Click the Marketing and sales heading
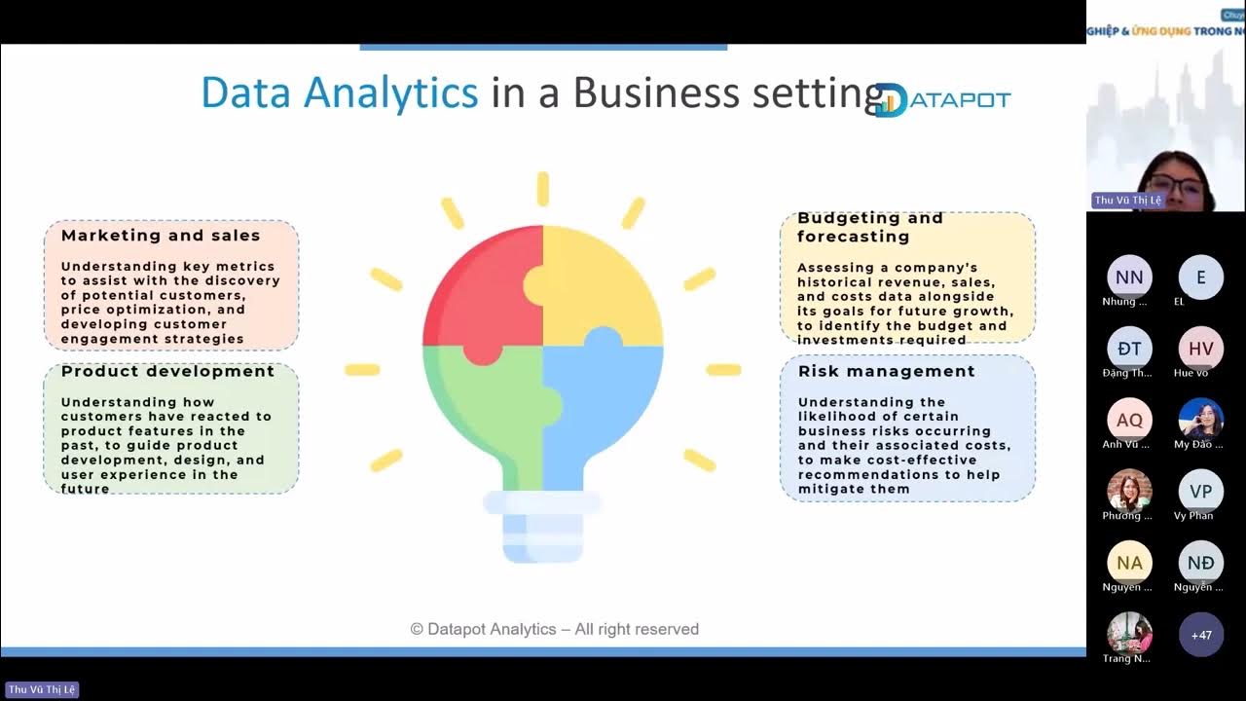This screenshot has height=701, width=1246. tap(161, 236)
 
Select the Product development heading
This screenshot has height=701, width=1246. tap(167, 371)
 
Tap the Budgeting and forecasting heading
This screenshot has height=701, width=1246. tap(870, 227)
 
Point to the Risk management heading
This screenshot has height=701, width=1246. tap(886, 371)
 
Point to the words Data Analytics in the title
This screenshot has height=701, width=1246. tap(339, 93)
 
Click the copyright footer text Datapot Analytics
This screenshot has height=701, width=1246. tap(554, 629)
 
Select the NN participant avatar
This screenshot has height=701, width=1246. tap(1129, 277)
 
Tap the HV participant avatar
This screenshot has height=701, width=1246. tap(1200, 349)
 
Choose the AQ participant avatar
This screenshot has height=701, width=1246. tap(1129, 421)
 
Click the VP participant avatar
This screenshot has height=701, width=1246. tap(1200, 492)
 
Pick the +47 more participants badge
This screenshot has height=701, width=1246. tap(1200, 635)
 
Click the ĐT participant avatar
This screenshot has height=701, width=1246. tap(1129, 349)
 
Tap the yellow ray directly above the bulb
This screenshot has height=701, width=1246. tap(542, 189)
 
